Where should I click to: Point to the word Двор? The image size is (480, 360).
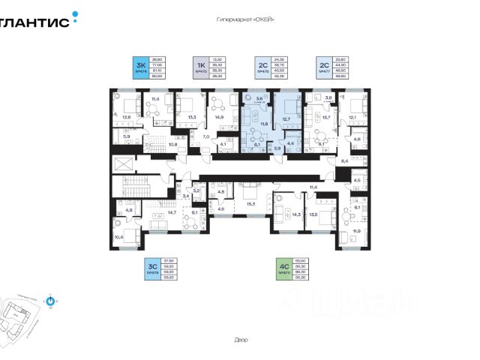point(241,340)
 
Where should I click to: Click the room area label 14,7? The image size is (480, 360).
point(172,213)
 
